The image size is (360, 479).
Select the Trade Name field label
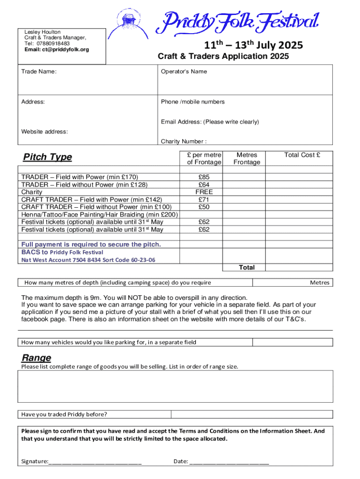coord(39,72)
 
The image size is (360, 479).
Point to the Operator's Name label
coord(184,72)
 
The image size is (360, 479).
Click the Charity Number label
coord(184,141)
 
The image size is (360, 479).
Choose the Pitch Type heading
coord(48,157)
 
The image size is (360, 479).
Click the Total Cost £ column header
coord(302,155)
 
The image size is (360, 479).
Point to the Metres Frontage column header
coord(246,159)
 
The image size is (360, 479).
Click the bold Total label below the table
coord(246,268)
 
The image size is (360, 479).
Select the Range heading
coord(36,358)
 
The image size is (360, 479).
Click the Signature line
coord(95,462)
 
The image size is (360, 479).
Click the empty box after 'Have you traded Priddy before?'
coord(252,414)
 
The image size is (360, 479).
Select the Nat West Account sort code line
coord(88,260)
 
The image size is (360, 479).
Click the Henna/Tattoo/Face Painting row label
coord(100,214)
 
